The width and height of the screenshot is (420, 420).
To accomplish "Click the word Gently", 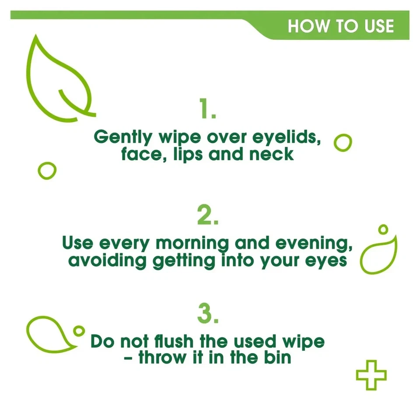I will click(x=122, y=137).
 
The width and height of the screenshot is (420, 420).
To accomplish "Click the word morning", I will click(x=192, y=243).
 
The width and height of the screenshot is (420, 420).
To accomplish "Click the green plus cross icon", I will click(x=371, y=375).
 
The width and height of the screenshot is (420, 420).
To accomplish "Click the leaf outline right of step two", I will click(x=378, y=256).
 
